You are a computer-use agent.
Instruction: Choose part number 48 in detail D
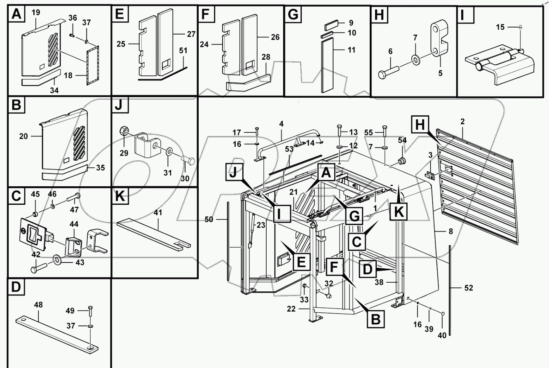point(38,305)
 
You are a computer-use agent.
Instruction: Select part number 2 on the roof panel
point(462,122)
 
